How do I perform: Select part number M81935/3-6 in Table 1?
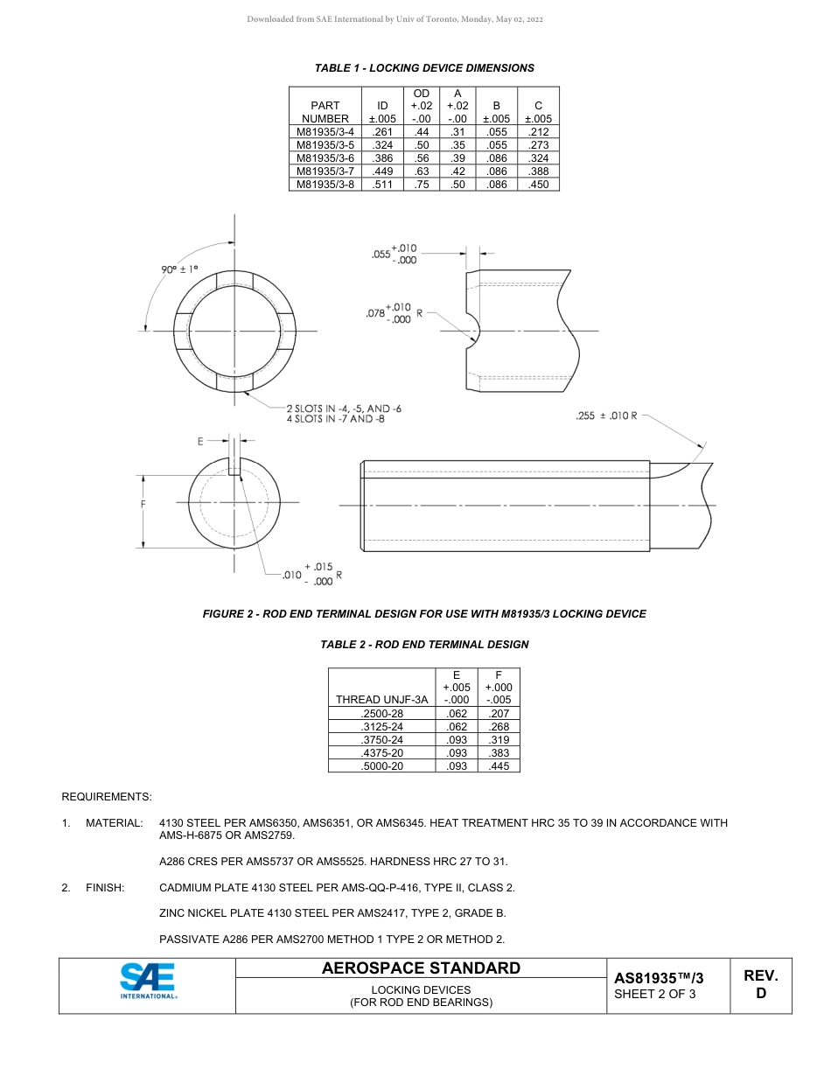click(x=325, y=158)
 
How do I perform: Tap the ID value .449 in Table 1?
click(x=382, y=171)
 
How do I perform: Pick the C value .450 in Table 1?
click(x=538, y=185)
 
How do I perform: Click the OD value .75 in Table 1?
click(x=422, y=185)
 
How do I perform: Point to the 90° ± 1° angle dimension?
click(x=179, y=269)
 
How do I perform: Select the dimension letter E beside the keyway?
click(x=200, y=441)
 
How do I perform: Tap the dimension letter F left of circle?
click(x=143, y=505)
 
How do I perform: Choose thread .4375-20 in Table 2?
click(x=381, y=753)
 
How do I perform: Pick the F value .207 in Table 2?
click(x=499, y=714)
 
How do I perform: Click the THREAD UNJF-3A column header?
click(x=381, y=699)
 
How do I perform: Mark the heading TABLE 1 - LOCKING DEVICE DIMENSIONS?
click(x=424, y=68)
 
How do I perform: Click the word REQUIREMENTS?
click(x=107, y=797)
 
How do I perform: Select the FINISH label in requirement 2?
click(x=105, y=888)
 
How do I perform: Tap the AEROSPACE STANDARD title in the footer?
click(x=421, y=968)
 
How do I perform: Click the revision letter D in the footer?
click(x=761, y=994)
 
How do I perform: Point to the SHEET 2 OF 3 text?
click(x=654, y=994)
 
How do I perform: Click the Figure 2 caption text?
click(x=424, y=614)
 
